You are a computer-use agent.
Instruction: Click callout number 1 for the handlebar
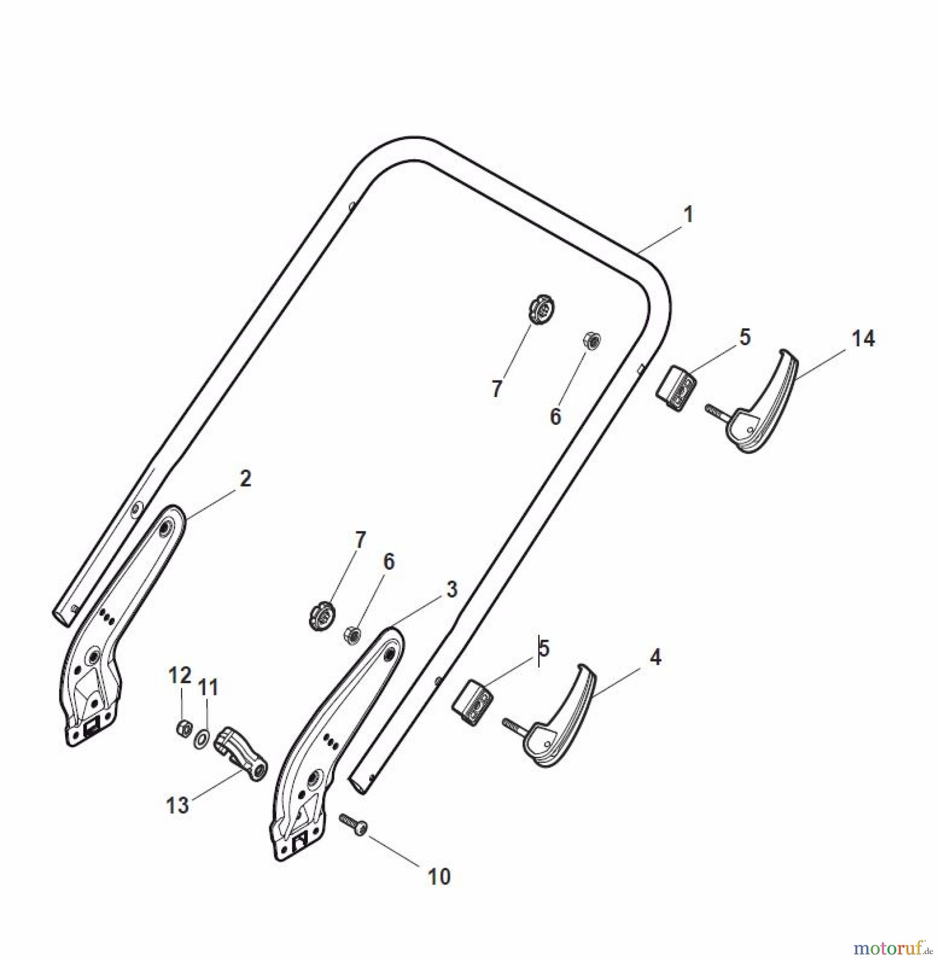688,215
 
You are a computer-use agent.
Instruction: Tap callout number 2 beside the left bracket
245,479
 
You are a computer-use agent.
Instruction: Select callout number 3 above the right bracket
452,590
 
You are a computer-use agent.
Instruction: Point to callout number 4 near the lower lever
655,657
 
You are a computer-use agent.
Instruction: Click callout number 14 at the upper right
863,339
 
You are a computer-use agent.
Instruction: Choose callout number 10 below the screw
439,877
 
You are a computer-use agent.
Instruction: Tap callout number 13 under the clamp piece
178,805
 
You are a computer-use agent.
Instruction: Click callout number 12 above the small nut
180,676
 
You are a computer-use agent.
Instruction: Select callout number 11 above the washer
208,687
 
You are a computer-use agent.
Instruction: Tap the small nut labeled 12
183,727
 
